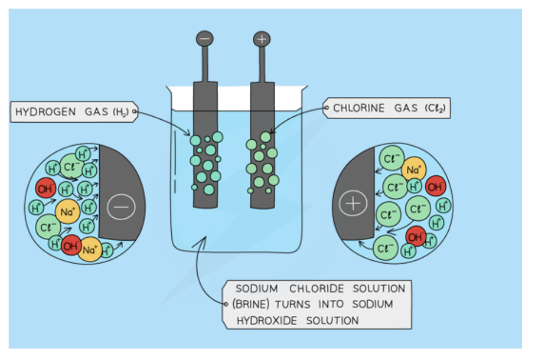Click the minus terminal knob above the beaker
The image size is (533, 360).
[205, 38]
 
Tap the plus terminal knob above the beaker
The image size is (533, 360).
[261, 39]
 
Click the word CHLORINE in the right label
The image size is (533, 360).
[359, 108]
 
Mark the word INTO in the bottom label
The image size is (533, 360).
[328, 304]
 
